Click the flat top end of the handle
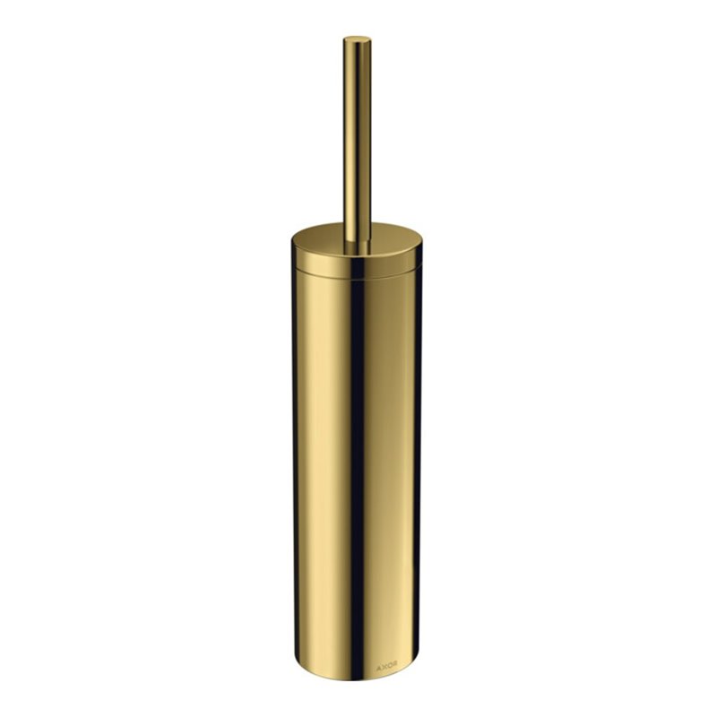click(357, 39)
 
